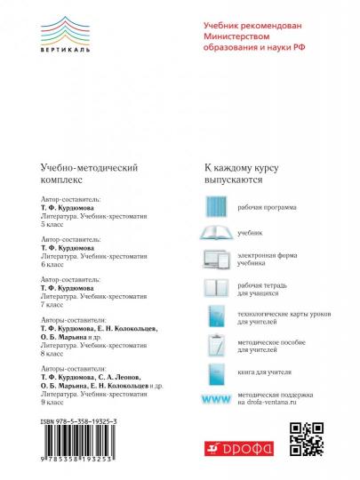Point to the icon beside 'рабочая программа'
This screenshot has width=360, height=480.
click(217, 204)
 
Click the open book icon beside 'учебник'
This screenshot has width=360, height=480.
click(217, 232)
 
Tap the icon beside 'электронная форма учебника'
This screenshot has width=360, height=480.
click(217, 260)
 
